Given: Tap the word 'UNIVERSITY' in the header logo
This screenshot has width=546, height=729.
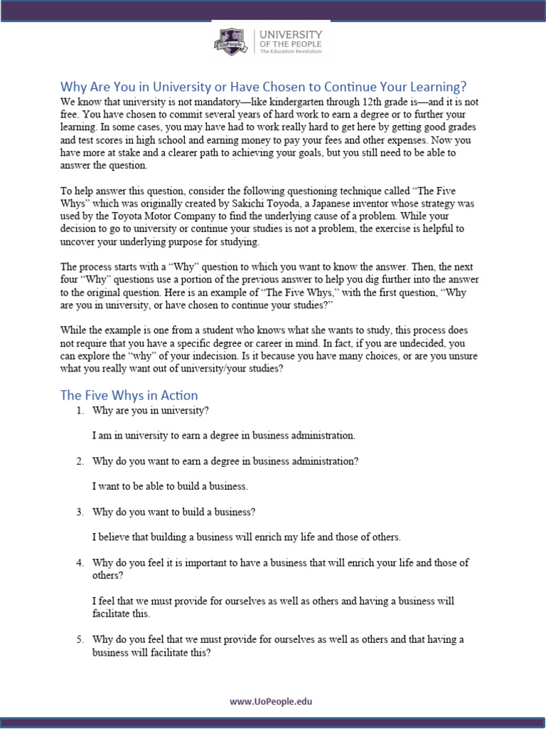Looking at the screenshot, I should tap(291, 34).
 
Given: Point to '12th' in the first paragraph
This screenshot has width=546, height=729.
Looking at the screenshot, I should tap(376, 103).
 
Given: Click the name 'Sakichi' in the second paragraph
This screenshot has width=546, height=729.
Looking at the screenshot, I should tap(244, 204).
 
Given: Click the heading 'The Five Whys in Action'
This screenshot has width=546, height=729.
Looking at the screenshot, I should tap(129, 395).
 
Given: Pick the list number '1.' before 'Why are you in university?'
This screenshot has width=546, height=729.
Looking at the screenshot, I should tap(81, 411).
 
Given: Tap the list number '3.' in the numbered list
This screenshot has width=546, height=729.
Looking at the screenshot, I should tap(81, 512).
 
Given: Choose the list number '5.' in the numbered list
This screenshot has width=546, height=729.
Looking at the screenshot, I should tap(81, 639).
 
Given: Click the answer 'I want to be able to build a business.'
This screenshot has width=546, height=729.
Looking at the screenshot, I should tap(170, 486).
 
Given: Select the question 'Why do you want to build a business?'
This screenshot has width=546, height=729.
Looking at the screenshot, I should tap(173, 512).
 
